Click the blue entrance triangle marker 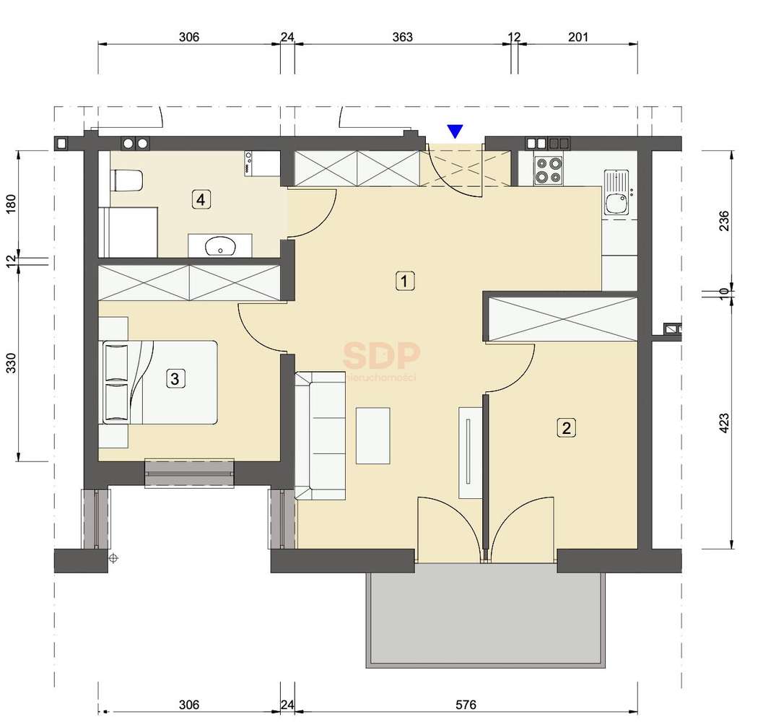(455, 131)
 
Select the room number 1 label (406, 281)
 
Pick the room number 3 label (174, 377)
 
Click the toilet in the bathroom (126, 179)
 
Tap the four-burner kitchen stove (547, 170)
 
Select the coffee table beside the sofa (373, 435)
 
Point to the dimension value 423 (724, 422)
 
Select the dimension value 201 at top (579, 37)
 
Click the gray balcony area (484, 619)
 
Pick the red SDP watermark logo (380, 355)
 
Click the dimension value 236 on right (724, 219)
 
